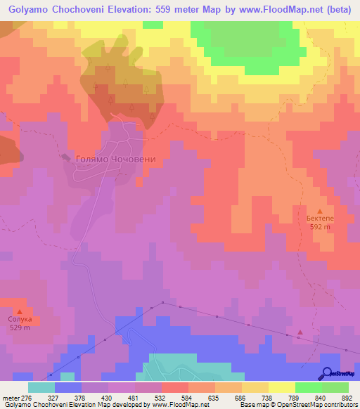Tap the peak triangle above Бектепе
321,211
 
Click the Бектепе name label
321,219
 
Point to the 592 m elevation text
321,227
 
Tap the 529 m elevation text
20,328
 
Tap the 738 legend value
267,397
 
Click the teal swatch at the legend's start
41,387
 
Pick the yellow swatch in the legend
281,387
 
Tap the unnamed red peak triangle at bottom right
301,332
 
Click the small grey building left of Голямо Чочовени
67,157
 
